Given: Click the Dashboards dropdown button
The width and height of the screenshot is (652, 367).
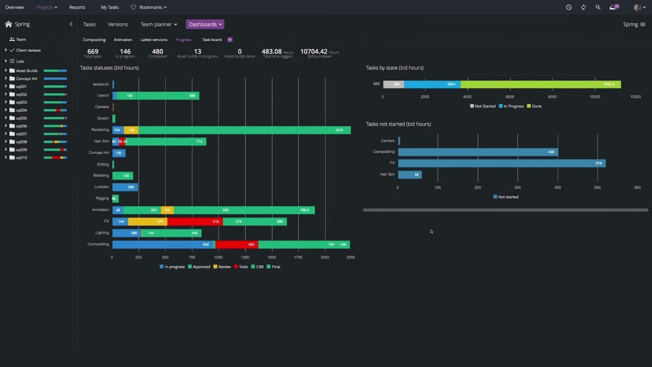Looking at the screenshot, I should (205, 24).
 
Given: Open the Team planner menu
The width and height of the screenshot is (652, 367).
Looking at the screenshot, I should (158, 24).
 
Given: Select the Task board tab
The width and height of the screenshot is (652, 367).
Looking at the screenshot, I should (212, 40).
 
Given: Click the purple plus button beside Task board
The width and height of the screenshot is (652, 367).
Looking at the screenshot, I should (230, 40).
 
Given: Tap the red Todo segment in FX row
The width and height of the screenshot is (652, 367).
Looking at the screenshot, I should (195, 222).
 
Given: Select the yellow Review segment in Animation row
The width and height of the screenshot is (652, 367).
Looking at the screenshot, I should (167, 210).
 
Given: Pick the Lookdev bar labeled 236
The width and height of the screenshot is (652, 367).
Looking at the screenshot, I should (125, 187).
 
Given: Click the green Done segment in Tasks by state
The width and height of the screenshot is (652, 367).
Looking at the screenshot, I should (540, 85).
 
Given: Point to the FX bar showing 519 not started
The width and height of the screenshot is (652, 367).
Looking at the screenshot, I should (501, 163).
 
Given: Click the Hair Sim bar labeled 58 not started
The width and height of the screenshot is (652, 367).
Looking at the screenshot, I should (410, 175).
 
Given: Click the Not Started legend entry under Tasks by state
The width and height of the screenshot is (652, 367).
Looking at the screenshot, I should (483, 106).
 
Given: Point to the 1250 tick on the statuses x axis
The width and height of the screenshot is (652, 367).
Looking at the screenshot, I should (245, 257).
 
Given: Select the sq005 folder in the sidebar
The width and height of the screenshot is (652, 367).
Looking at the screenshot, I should (21, 118).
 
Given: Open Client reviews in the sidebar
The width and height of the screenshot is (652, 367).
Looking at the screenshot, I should (28, 50).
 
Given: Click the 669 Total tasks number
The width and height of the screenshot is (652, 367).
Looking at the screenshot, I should (93, 51).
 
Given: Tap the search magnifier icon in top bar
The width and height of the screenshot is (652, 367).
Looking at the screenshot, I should (598, 7).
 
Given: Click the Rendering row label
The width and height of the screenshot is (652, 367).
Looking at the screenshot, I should (100, 130).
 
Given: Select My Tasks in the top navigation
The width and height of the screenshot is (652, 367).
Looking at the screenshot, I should (110, 7).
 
